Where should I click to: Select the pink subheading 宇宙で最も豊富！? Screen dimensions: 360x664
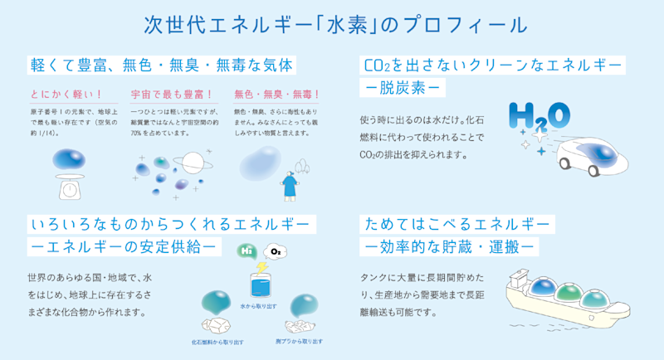coord(172,95)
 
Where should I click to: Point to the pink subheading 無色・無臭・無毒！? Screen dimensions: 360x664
coord(277,95)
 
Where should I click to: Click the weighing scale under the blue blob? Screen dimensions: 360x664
coord(71,187)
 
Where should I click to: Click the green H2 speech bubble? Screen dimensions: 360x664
coord(245,249)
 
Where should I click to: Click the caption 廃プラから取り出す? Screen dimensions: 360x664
coord(298,340)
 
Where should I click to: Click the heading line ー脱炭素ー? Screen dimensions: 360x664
coord(403,86)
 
